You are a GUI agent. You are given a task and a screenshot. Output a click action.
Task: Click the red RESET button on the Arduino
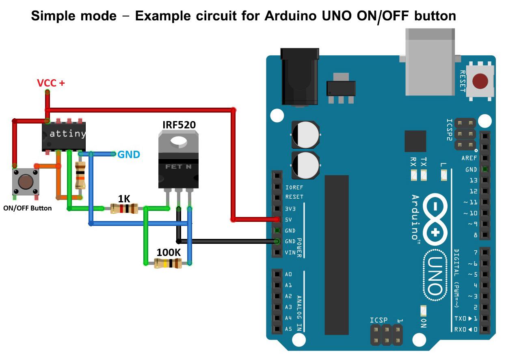click(480, 81)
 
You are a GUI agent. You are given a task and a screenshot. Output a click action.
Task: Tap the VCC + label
click(51, 83)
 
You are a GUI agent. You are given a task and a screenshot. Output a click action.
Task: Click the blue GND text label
click(129, 155)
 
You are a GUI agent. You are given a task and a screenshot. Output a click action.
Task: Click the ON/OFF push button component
click(26, 182)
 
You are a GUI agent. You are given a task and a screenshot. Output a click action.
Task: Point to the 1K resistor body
click(124, 209)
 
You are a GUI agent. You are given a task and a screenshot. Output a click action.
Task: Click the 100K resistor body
click(168, 263)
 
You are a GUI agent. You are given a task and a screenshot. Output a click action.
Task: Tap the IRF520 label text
click(179, 125)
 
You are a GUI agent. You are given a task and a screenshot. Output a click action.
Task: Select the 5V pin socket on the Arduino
click(277, 219)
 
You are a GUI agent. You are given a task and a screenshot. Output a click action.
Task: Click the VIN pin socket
click(277, 252)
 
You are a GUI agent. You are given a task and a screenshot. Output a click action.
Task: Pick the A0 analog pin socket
click(277, 274)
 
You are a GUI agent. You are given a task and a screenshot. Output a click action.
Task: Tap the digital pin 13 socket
click(484, 180)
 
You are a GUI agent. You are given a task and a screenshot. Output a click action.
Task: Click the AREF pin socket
click(484, 158)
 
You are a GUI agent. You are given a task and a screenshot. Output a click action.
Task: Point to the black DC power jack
click(300, 77)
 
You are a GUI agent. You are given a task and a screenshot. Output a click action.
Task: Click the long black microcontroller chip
click(337, 255)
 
